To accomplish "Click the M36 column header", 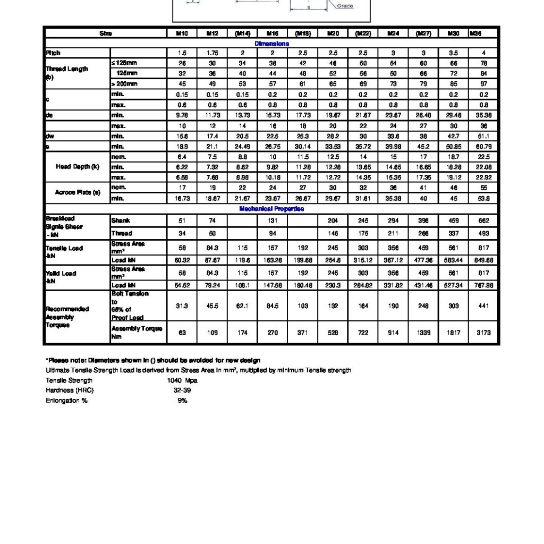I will point(475,33).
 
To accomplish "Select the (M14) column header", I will point(242,33).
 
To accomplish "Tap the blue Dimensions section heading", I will point(272,44).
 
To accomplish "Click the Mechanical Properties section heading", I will point(271,209).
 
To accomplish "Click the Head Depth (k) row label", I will point(78,167).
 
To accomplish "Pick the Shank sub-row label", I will point(121,220).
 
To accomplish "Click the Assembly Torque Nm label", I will point(137,333).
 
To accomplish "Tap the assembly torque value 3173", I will point(483,333).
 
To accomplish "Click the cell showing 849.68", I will point(483,260).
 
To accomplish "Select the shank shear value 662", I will point(483,220).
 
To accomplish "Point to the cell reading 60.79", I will point(483,147).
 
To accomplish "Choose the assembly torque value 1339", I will point(423,333).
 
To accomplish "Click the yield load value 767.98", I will point(483,286).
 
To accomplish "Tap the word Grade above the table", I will point(345,6).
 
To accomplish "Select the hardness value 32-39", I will point(182,390).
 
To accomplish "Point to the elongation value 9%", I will point(182,401).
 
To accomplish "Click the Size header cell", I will point(106,33).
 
